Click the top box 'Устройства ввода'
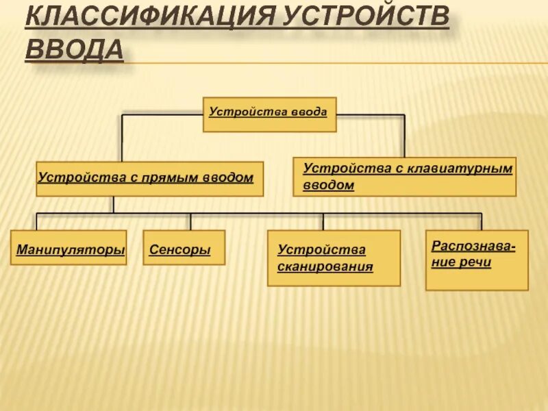[269, 114]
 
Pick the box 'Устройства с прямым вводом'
[149, 179]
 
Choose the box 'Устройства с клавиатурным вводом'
[404, 177]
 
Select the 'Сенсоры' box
[184, 248]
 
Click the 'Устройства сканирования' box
[334, 258]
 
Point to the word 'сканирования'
[325, 267]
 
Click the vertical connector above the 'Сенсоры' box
[191, 221]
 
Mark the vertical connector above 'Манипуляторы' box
[36, 221]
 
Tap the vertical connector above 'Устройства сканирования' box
[323, 221]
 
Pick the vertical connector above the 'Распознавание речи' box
[482, 221]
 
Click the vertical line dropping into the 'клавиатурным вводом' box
[404, 137]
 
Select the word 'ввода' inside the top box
[310, 110]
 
